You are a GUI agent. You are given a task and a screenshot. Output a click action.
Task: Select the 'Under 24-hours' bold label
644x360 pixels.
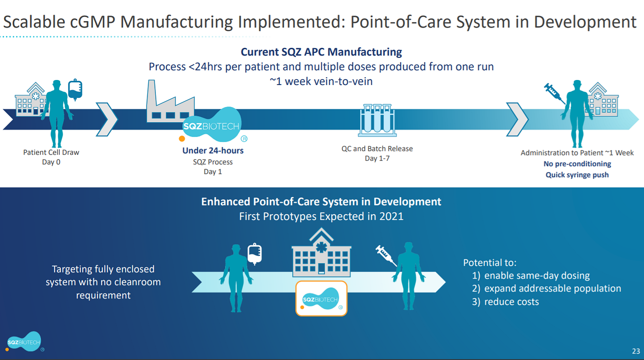click(x=213, y=150)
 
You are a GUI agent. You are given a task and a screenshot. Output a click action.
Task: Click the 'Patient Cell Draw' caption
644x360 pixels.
click(x=51, y=152)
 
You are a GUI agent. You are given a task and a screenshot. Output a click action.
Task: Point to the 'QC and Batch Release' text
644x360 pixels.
click(x=377, y=149)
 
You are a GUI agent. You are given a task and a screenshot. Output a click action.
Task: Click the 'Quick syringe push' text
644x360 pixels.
click(x=577, y=175)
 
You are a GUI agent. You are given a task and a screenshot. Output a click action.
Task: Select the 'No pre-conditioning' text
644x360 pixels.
click(x=577, y=164)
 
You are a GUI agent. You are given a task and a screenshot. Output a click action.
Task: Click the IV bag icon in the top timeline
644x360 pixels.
click(x=75, y=89)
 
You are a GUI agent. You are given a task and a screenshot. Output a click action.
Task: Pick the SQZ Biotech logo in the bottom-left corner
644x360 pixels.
click(x=24, y=342)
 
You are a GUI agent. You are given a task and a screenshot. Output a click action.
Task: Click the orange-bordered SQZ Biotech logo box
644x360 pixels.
click(x=321, y=298)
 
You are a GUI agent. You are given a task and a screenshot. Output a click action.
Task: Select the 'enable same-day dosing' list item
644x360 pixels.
click(x=537, y=276)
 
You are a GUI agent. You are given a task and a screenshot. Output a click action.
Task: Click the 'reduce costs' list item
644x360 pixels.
click(x=512, y=302)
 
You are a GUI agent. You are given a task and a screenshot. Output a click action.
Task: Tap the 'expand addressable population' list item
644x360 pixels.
click(x=552, y=289)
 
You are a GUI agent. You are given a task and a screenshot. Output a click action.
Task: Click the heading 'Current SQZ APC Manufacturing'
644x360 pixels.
click(x=321, y=52)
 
